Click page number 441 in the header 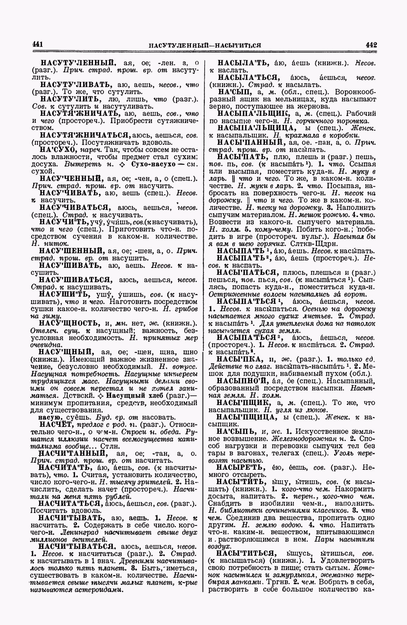(x=38, y=44)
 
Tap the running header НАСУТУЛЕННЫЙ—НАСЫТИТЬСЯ (x=205, y=45)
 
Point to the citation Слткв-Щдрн (x=311, y=244)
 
